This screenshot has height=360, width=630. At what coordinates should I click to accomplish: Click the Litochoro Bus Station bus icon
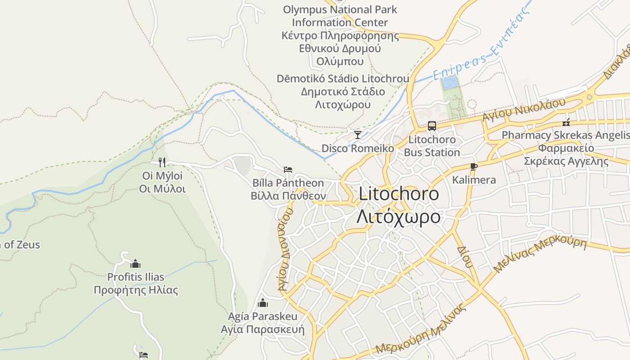coord(432,126)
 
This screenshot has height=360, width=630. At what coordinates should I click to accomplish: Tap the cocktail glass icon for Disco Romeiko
coord(358,135)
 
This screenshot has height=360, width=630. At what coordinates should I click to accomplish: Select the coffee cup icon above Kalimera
coord(473,166)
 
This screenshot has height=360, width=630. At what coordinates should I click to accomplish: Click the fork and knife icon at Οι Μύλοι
coord(162,162)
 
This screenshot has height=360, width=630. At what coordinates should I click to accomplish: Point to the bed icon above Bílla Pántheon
coord(288,170)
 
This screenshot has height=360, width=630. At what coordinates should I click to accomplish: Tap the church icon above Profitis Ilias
coord(135,264)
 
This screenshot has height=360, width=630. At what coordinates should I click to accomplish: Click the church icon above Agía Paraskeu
coord(263,303)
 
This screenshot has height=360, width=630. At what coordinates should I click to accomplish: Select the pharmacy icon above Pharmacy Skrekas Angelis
coord(566,122)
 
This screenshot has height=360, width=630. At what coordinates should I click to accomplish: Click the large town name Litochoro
coord(399,194)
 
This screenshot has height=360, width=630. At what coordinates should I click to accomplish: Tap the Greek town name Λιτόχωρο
coord(399,216)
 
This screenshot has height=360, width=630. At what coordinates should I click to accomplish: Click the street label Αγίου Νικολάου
coord(523,110)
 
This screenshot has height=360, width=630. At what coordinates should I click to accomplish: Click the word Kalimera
coord(474,180)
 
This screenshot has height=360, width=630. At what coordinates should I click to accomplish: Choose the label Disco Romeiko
coord(358,148)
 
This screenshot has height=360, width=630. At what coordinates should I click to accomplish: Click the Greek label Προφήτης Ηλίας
coord(136,290)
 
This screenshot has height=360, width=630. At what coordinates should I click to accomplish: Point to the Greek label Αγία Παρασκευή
coord(262,329)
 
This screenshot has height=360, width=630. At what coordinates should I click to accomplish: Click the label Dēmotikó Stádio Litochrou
coord(343,79)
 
